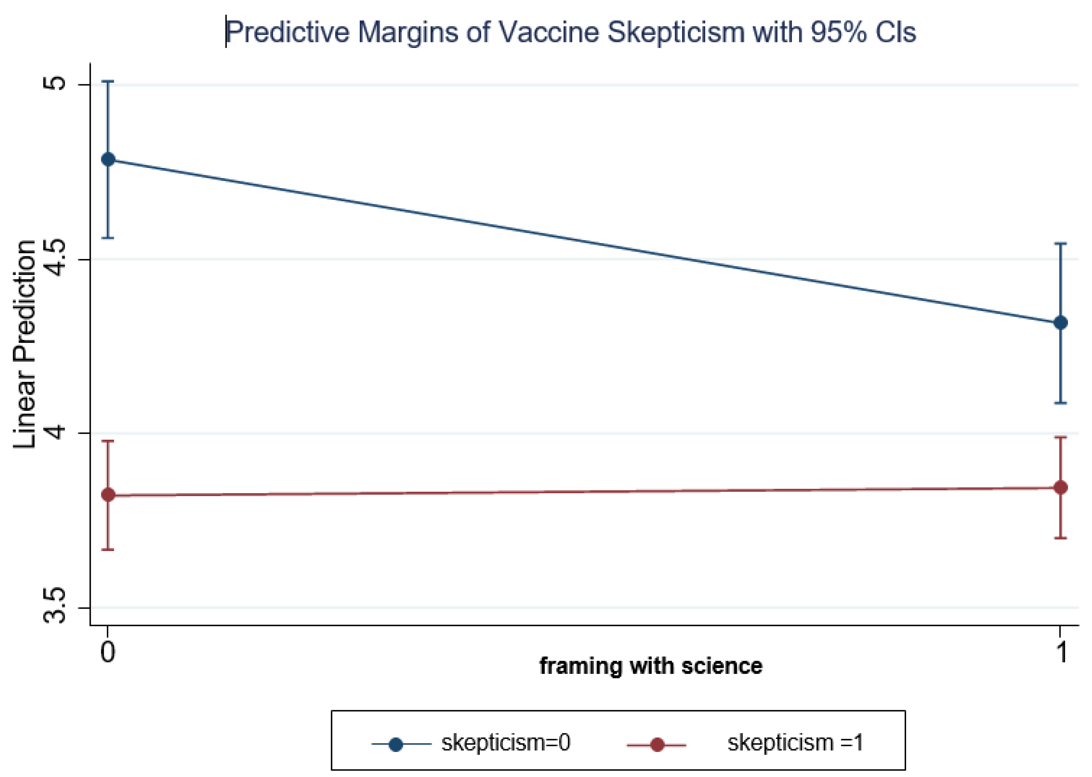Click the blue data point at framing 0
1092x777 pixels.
coord(109,159)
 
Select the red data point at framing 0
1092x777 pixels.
coord(109,495)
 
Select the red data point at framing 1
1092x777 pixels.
coord(1061,488)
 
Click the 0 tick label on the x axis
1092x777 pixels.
coord(108,652)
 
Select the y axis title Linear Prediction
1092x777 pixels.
coord(25,344)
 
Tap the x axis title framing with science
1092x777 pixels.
coord(651,666)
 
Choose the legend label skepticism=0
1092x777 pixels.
coord(506,743)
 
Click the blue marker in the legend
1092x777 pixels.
coord(396,744)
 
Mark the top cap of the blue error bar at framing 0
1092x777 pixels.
coord(109,82)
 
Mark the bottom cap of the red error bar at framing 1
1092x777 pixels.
coord(1061,538)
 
